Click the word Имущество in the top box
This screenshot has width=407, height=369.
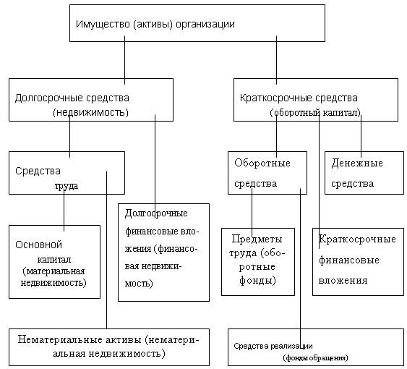tap(103, 24)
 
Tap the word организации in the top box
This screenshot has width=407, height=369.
tap(205, 25)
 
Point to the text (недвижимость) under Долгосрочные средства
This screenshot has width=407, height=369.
tap(91, 113)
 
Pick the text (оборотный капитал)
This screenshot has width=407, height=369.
tap(315, 113)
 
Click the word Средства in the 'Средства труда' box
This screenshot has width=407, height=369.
tap(38, 171)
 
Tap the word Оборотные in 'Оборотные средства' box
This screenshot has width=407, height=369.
tap(262, 164)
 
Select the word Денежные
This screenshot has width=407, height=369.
tap(357, 164)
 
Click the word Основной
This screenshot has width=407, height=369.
tap(38, 245)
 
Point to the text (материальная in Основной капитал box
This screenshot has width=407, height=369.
tap(53, 271)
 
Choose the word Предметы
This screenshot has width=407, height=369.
tap(257, 239)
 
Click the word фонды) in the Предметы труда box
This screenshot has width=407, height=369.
tap(257, 281)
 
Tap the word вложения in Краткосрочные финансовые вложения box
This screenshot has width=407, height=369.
tap(343, 281)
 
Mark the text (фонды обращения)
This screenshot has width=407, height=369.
tap(315, 358)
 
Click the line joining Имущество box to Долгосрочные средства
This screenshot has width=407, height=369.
tap(124, 60)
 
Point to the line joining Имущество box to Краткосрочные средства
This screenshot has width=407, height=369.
tap(276, 60)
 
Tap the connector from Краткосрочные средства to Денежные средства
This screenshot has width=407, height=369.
tap(361, 136)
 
